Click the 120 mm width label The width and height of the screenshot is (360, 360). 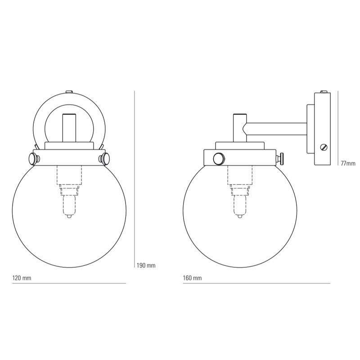[x=22, y=278]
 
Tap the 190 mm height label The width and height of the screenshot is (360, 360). [x=146, y=265]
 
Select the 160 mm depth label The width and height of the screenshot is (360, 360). [x=193, y=278]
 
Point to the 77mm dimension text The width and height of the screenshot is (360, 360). [x=348, y=163]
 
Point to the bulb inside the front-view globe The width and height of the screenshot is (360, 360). [x=69, y=206]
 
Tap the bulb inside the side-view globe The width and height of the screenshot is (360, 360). [x=239, y=206]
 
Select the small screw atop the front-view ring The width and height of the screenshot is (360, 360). [x=69, y=92]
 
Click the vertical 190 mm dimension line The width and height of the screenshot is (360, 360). [x=135, y=180]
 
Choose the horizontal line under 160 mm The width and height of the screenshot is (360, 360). [x=256, y=283]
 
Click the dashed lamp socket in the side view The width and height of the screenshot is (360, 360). [x=239, y=178]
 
